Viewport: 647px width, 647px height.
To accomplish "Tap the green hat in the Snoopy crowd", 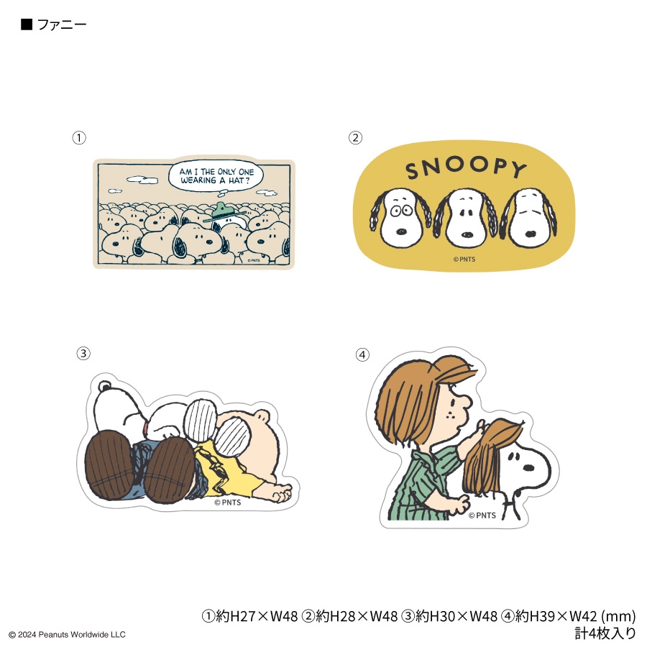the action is click(x=224, y=211).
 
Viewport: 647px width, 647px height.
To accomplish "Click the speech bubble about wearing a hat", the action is click(x=216, y=176).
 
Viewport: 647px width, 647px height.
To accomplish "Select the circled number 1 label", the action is click(x=79, y=137).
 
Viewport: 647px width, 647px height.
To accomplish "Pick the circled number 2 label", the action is click(x=355, y=137).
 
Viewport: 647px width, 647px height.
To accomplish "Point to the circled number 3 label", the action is click(x=83, y=353).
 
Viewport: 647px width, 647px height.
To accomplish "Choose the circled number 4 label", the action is click(x=362, y=354).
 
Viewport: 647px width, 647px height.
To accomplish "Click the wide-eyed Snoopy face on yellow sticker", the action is click(x=400, y=217).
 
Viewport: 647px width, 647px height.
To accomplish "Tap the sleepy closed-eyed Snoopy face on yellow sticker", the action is click(x=529, y=217).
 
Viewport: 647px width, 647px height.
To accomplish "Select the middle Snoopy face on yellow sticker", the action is click(x=465, y=217).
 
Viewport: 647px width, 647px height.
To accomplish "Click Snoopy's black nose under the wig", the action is click(x=528, y=467).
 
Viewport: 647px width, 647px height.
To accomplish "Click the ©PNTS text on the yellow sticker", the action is click(x=464, y=259).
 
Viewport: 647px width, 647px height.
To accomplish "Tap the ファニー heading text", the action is click(x=62, y=24).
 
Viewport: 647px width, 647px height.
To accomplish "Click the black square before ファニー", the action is click(x=27, y=24).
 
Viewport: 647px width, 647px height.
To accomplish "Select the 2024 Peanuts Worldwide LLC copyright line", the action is click(x=68, y=635).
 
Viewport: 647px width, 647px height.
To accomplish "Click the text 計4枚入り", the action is click(x=605, y=633).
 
